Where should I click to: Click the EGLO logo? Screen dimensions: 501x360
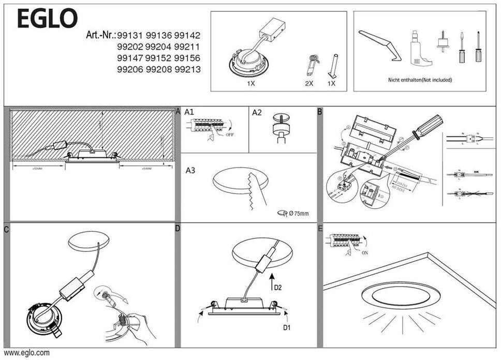click(x=47, y=19)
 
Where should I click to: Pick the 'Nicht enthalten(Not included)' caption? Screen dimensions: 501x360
click(x=420, y=80)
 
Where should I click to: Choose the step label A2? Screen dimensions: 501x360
click(x=258, y=112)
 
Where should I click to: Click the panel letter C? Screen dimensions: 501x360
click(x=6, y=229)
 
